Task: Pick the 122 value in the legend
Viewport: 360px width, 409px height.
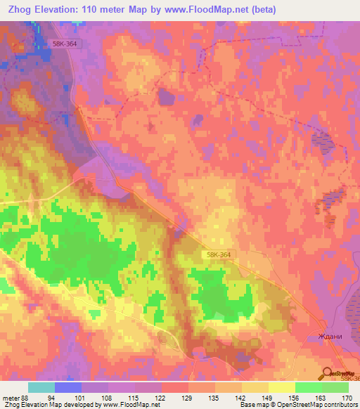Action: pyautogui.click(x=162, y=398)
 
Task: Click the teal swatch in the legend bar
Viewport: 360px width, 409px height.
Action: pyautogui.click(x=41, y=387)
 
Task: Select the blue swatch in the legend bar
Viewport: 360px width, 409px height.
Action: pyautogui.click(x=68, y=387)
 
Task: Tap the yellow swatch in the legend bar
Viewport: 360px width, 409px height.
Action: pyautogui.click(x=281, y=387)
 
